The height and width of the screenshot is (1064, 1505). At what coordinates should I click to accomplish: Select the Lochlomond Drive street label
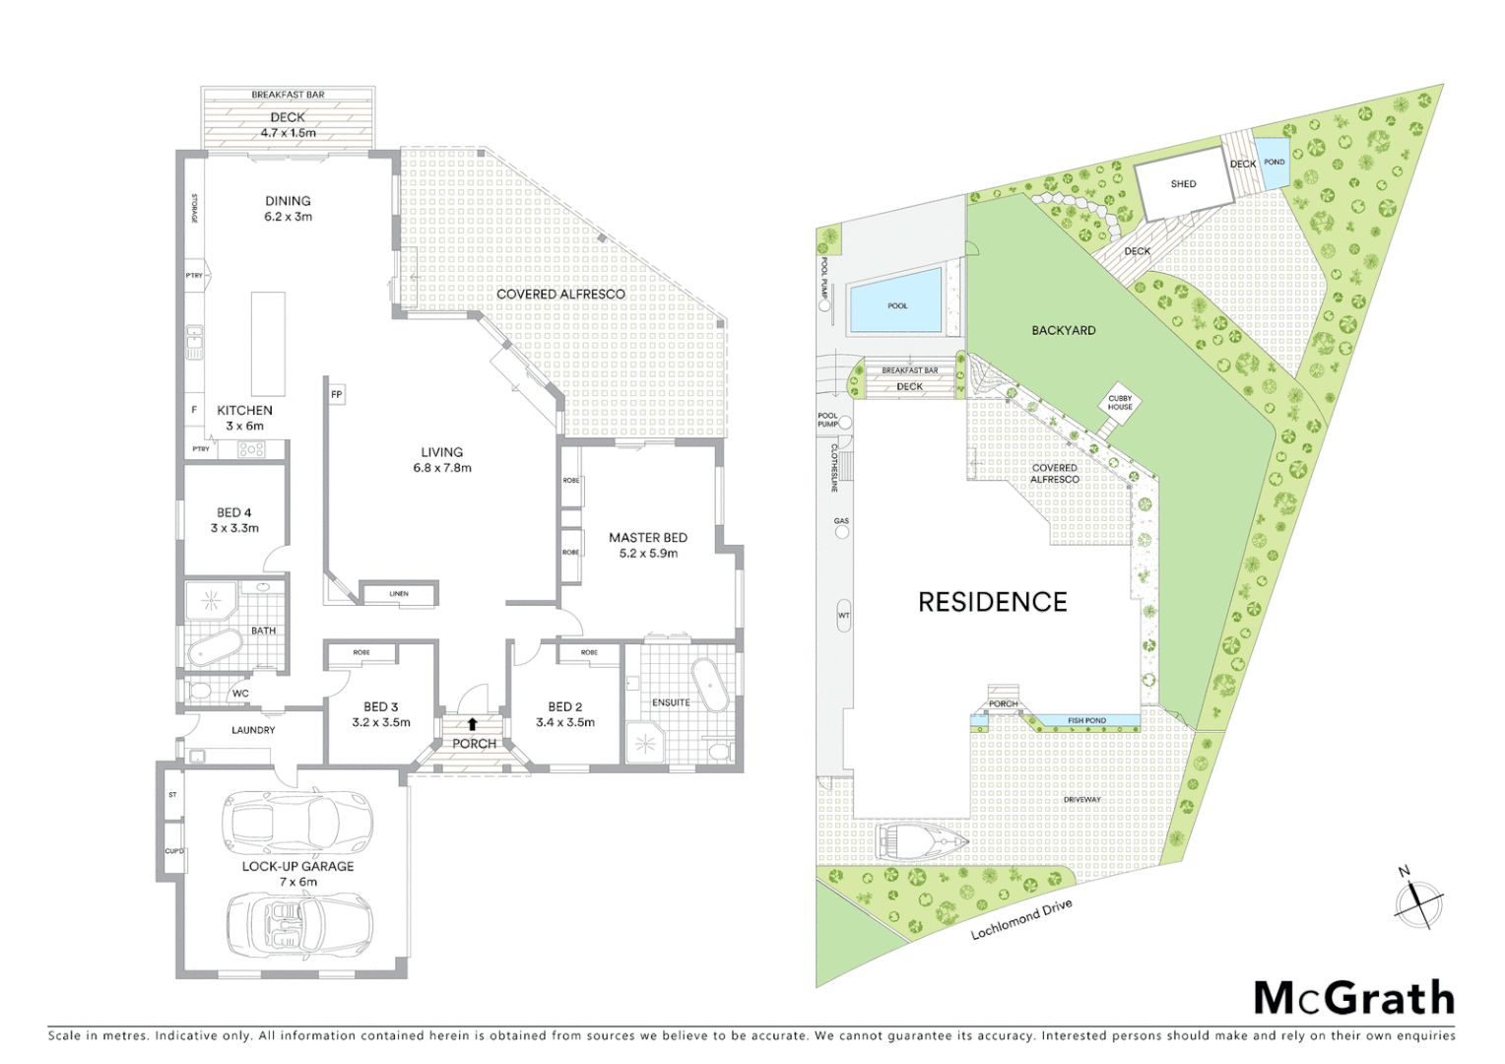point(1020,918)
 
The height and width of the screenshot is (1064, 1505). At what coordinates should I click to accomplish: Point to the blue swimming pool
point(896,306)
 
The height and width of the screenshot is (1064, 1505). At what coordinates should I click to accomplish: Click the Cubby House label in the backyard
point(1120,402)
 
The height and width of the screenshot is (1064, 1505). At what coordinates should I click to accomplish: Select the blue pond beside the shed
point(1274,163)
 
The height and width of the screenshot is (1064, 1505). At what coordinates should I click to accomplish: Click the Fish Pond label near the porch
point(1086,720)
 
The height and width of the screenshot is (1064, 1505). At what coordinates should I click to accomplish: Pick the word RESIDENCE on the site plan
point(992,602)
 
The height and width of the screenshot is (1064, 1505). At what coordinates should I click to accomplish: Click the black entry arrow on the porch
point(473,724)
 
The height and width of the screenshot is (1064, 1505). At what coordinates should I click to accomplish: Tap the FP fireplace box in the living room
point(337,394)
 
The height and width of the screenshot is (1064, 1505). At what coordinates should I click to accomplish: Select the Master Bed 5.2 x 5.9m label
point(647,545)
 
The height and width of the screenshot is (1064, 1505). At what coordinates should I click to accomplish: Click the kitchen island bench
point(268,343)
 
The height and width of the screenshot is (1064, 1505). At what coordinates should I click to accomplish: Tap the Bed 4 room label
point(234,519)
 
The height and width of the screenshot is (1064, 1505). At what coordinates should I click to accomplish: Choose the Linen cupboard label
point(398,594)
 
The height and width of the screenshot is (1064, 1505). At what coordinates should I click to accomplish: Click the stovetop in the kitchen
point(251,449)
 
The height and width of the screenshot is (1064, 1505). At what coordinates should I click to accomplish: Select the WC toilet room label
point(240,693)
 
